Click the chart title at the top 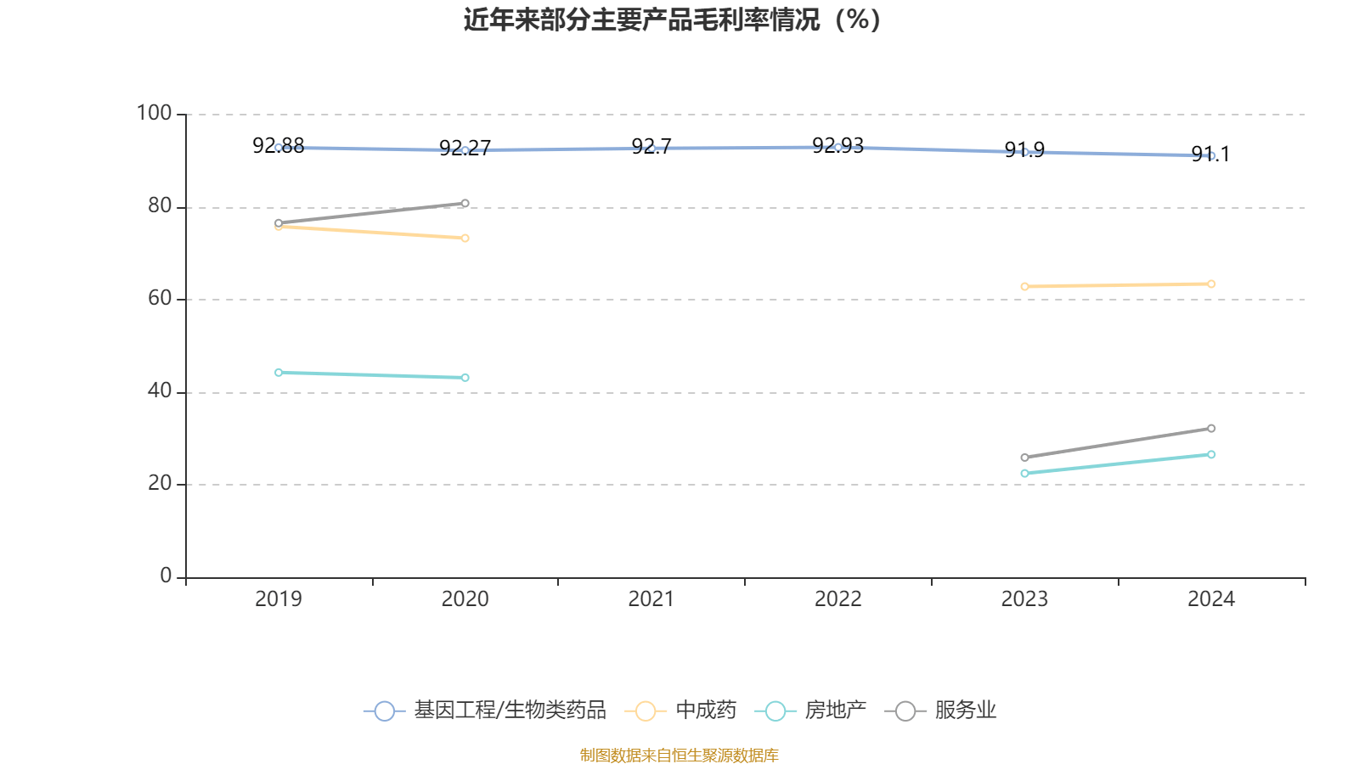click(672, 20)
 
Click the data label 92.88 click(278, 146)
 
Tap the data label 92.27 click(465, 149)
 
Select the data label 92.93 click(837, 146)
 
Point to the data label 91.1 click(1210, 154)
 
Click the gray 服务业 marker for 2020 click(465, 204)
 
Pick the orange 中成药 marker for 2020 click(465, 239)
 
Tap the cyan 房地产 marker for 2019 click(279, 373)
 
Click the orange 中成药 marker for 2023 click(1024, 287)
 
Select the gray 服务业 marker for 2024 click(1211, 429)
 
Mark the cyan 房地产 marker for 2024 click(1211, 455)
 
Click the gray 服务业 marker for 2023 click(1024, 458)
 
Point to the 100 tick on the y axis click(154, 113)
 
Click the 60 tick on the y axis click(159, 299)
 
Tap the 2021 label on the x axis click(651, 599)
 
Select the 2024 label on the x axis click(1210, 599)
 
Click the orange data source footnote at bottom click(679, 756)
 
